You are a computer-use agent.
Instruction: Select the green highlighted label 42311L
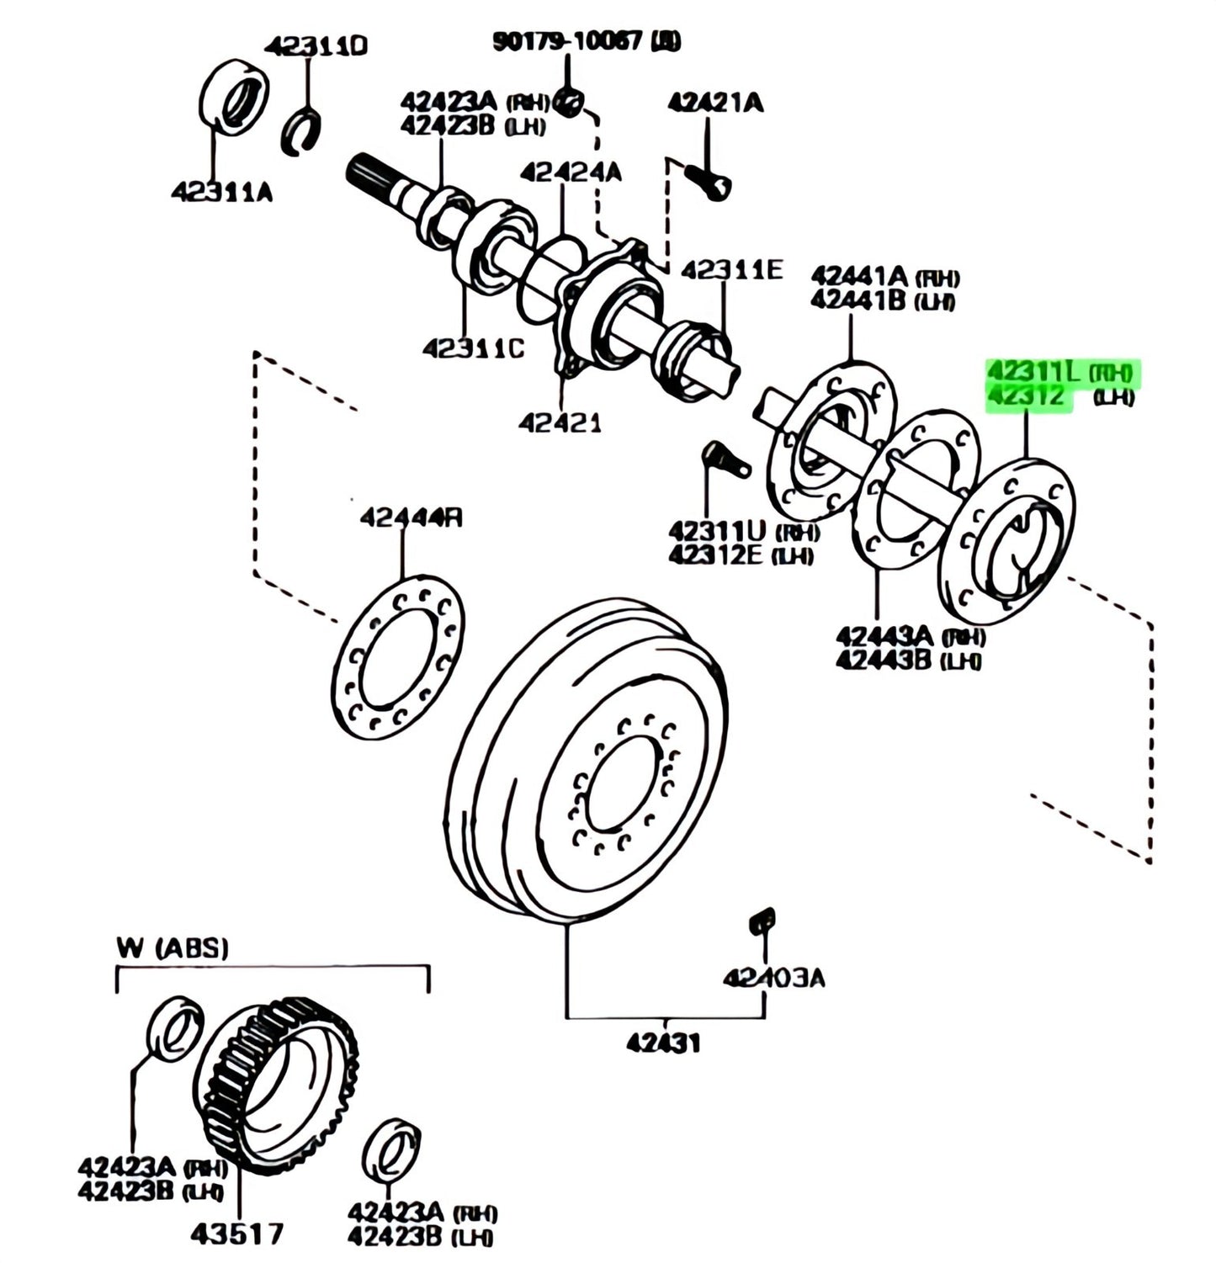[x=1033, y=371]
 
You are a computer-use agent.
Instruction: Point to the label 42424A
[x=570, y=172]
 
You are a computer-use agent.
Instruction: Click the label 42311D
[x=316, y=47]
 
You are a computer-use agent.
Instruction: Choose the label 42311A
[x=222, y=193]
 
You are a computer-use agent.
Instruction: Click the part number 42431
[x=662, y=1043]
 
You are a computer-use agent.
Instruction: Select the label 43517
[x=236, y=1234]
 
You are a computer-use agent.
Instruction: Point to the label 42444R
[x=411, y=517]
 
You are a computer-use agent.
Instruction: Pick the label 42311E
[x=731, y=270]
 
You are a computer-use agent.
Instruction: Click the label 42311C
[x=473, y=347]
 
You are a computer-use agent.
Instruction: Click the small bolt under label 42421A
[x=709, y=180]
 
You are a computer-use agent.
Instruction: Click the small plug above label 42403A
[x=762, y=921]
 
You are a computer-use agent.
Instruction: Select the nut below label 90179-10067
[x=571, y=103]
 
